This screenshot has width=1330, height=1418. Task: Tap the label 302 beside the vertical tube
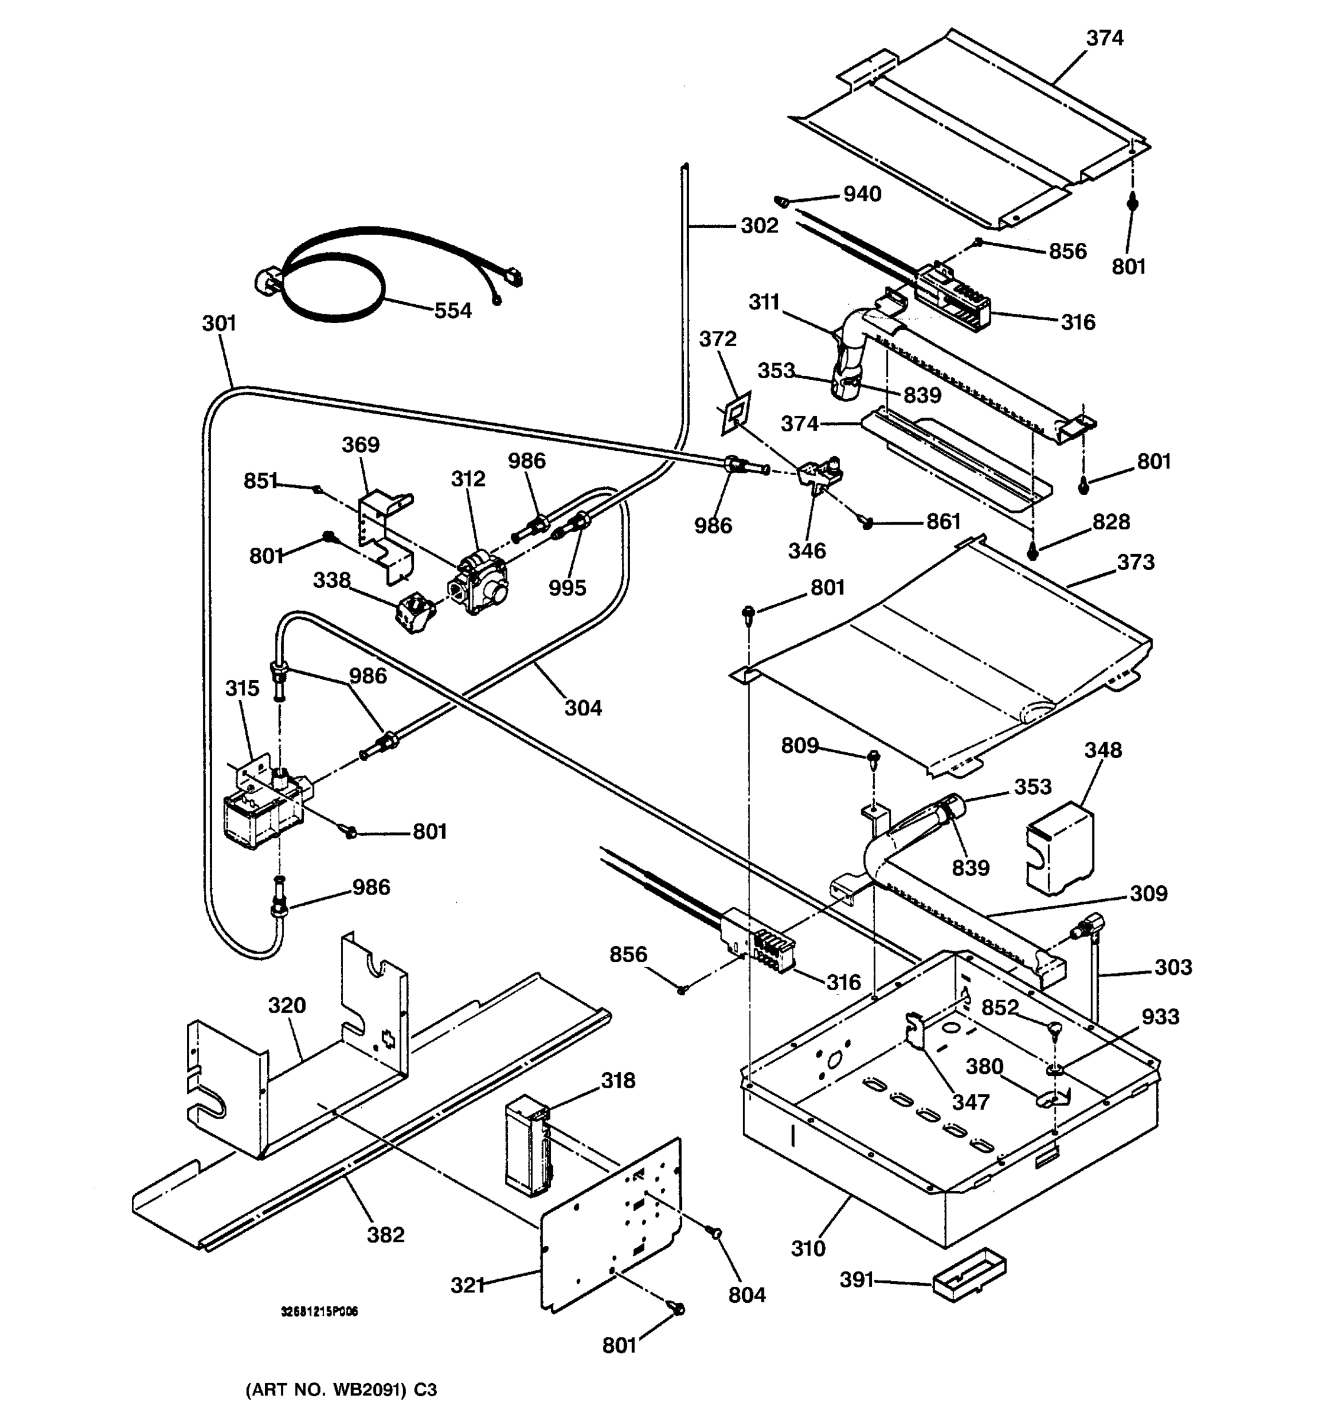coord(758,226)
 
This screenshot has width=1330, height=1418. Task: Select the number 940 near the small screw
coord(862,194)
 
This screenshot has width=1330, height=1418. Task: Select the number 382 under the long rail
coord(385,1235)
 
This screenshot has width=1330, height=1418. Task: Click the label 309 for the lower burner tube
coord(1148,893)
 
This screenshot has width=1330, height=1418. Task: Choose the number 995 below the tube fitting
coord(567,588)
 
